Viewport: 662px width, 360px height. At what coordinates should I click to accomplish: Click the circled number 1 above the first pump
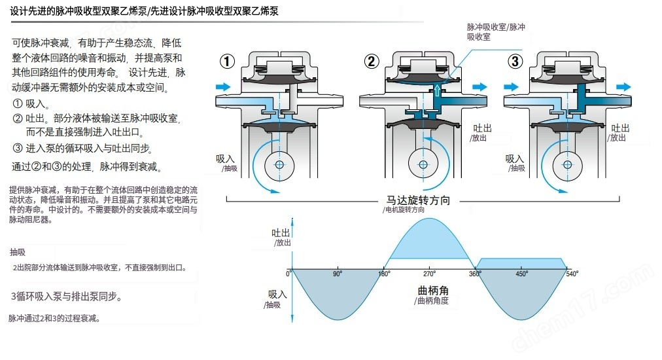(x=227, y=62)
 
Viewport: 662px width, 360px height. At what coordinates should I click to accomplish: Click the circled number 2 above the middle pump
(x=372, y=62)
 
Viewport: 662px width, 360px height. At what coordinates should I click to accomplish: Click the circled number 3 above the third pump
(x=516, y=62)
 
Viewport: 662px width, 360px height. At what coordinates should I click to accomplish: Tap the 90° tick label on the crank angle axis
(x=337, y=274)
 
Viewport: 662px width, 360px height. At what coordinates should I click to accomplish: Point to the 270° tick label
(x=430, y=274)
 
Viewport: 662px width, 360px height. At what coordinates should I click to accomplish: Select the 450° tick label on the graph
(x=521, y=274)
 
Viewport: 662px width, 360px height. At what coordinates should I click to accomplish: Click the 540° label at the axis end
(x=572, y=274)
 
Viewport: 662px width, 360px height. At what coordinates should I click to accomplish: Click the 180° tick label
(x=385, y=274)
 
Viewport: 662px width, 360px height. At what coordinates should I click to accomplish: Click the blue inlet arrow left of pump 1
(x=223, y=86)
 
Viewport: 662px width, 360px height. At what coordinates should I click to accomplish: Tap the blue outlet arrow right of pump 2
(x=479, y=86)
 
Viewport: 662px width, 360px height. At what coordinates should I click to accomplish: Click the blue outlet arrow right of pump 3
(x=623, y=86)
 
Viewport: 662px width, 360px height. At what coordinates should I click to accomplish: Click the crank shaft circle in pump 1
(x=280, y=164)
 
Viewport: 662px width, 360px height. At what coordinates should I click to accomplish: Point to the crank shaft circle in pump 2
(x=423, y=164)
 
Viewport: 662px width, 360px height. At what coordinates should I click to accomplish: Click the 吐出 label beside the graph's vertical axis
(x=281, y=233)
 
